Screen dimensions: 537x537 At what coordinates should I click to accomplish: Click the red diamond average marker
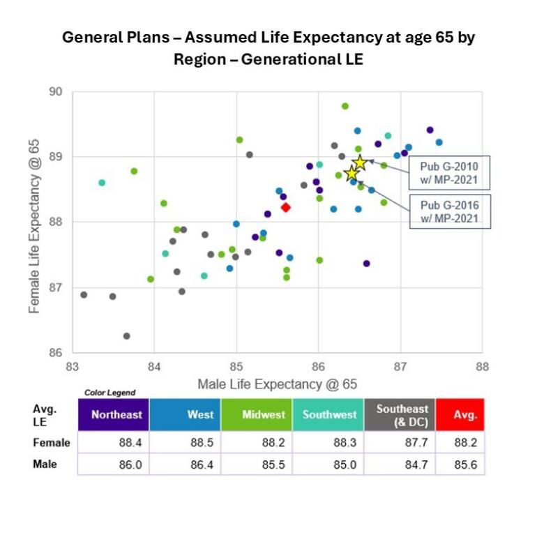(285, 207)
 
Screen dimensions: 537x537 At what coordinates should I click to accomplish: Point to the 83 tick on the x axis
(72, 366)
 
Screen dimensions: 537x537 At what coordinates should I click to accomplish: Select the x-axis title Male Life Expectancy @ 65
(277, 384)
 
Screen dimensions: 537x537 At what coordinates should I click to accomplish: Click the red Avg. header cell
(460, 415)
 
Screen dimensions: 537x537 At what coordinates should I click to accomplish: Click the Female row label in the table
(52, 443)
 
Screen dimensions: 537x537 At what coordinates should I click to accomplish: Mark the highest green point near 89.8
(345, 106)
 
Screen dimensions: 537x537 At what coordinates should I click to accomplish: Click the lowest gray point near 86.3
(126, 335)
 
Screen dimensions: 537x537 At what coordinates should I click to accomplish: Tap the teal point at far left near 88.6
(102, 183)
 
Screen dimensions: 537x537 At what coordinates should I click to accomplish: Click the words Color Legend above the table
(110, 393)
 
